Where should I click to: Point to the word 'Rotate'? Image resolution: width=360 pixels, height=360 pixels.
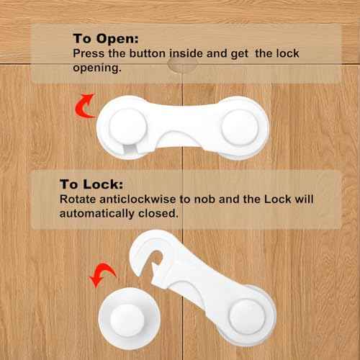(x=78, y=199)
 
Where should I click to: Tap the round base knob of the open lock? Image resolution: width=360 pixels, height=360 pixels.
(x=251, y=318)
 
